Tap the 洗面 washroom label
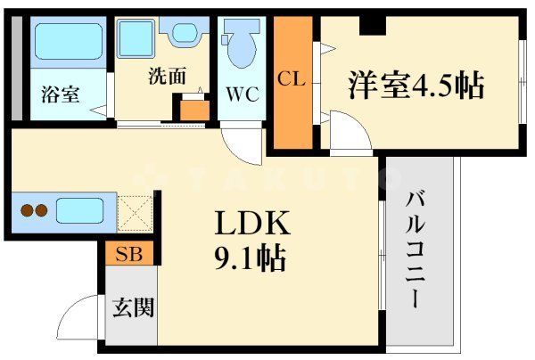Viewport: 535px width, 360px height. point(167,77)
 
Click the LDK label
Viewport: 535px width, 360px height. point(240,223)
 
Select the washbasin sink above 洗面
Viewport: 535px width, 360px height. point(186,33)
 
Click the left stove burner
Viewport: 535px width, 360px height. point(28,212)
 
